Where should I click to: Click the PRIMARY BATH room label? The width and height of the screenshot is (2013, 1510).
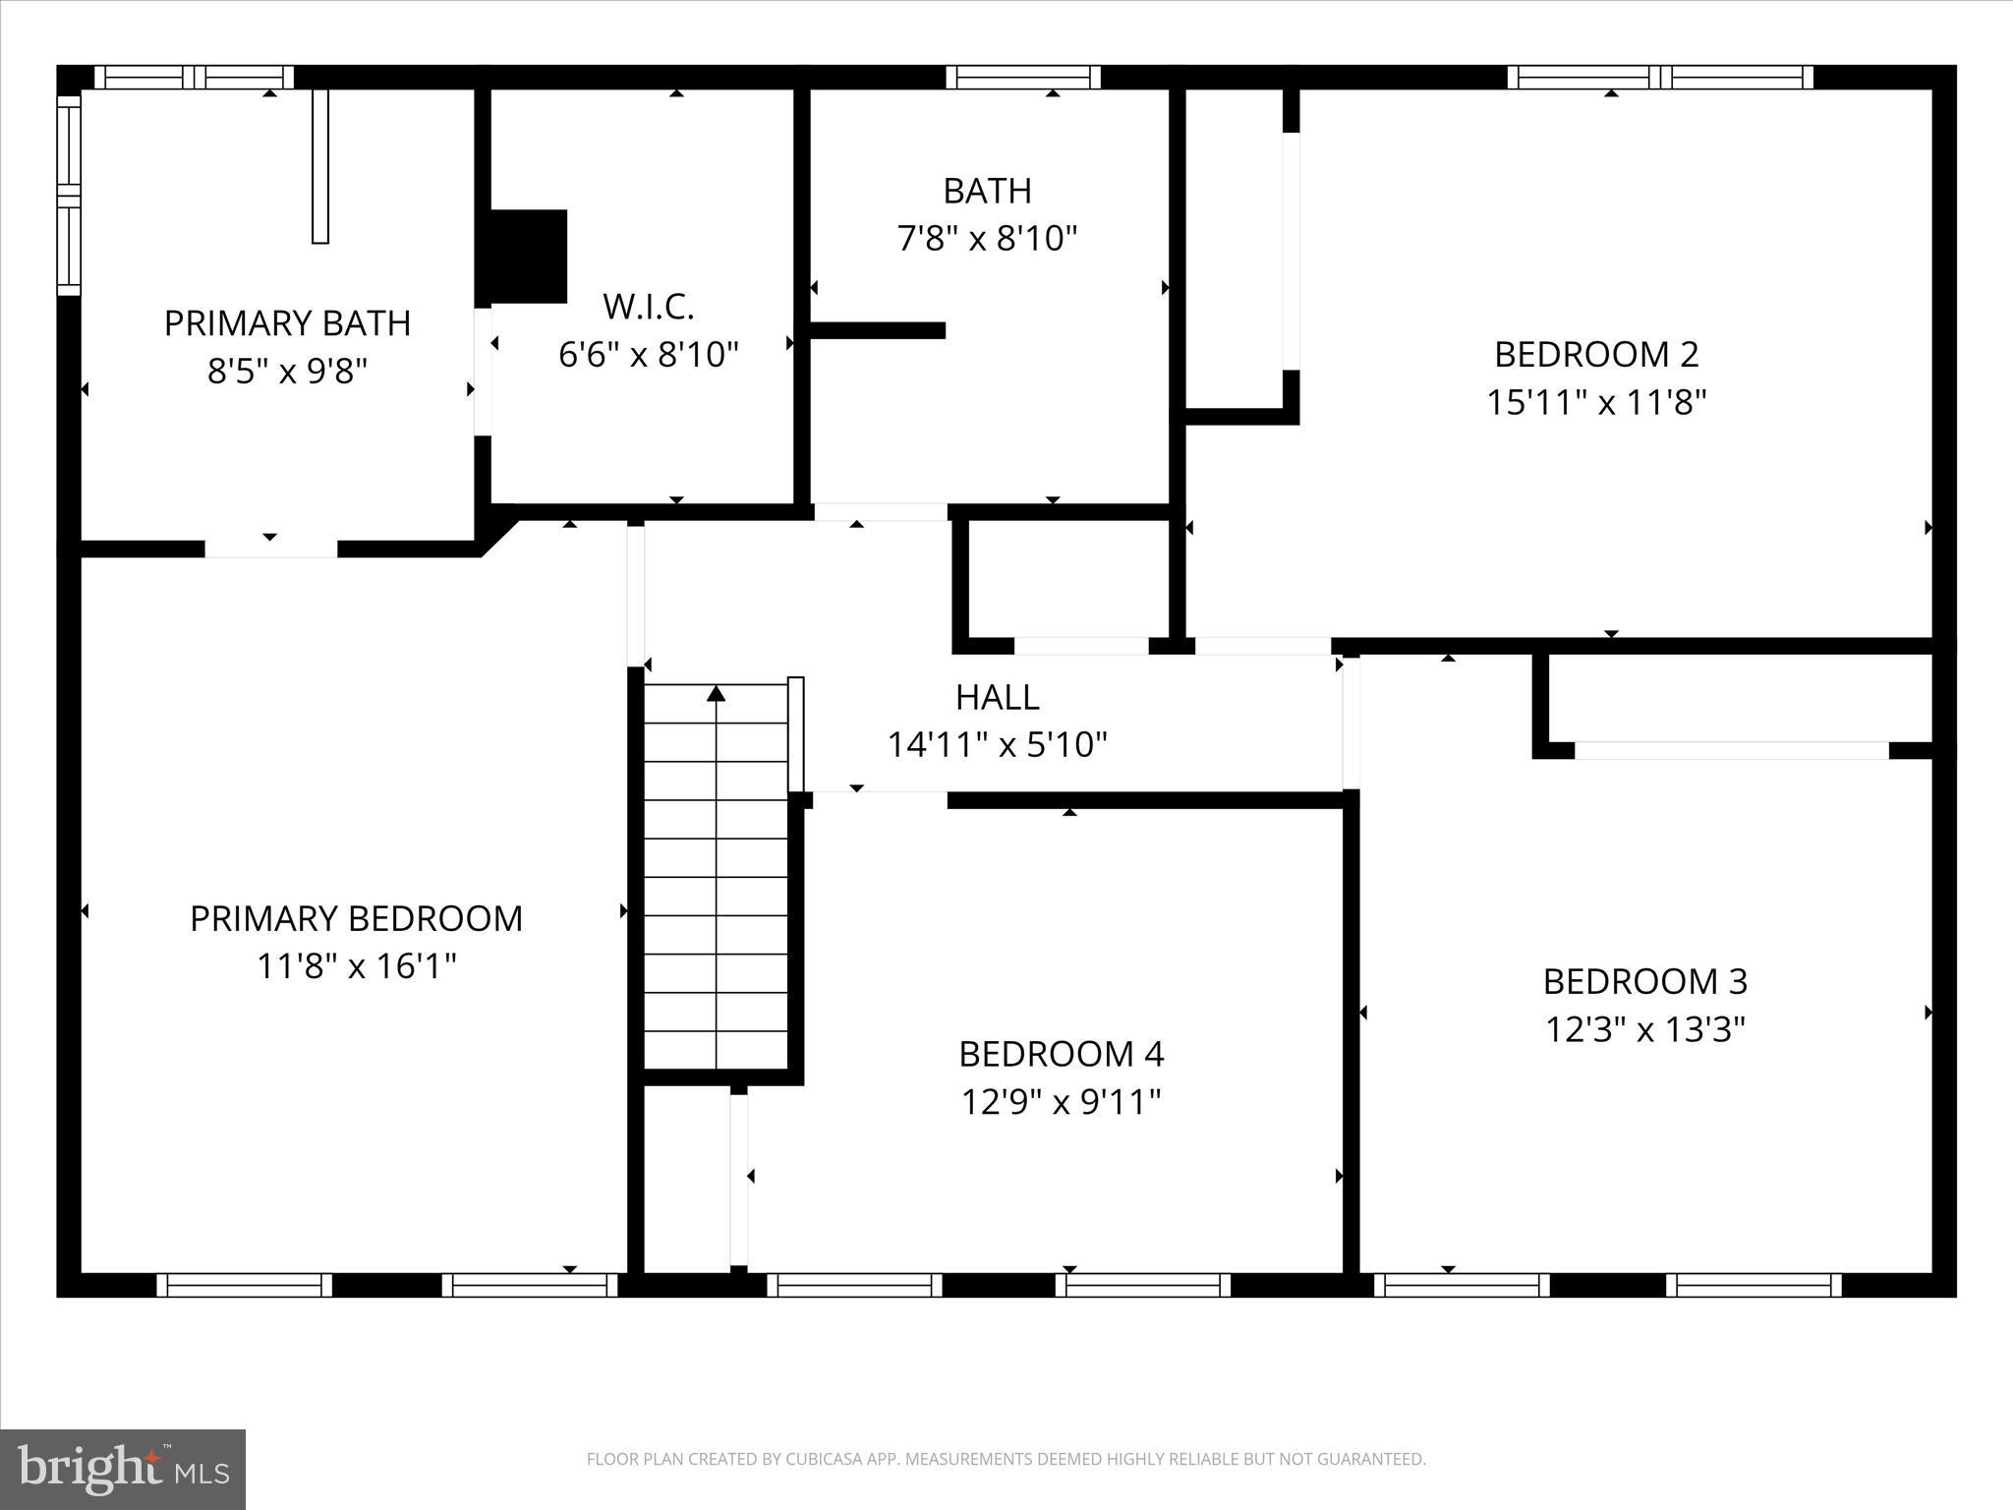click(x=287, y=323)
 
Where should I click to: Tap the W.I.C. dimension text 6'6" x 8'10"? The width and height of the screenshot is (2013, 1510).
click(x=648, y=354)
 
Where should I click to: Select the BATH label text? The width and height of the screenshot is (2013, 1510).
click(x=987, y=191)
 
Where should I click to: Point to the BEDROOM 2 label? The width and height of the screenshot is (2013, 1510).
click(x=1596, y=354)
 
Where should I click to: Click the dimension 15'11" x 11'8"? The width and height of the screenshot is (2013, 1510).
click(x=1596, y=402)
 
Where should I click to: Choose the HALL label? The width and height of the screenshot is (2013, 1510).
click(x=997, y=697)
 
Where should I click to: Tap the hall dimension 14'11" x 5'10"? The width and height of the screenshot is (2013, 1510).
click(x=997, y=745)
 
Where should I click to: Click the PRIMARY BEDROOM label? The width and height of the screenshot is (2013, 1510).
click(x=356, y=918)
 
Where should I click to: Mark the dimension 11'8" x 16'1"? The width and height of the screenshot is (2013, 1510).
click(x=356, y=966)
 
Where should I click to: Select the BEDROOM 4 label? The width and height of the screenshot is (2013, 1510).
click(x=1061, y=1054)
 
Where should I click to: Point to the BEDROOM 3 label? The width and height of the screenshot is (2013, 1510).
click(x=1644, y=981)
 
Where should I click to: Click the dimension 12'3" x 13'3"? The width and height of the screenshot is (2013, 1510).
click(x=1644, y=1029)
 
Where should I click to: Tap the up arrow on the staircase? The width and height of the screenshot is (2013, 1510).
click(x=717, y=694)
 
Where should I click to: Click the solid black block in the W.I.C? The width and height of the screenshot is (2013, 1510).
click(x=529, y=256)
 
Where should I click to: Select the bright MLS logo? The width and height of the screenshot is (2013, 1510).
click(x=123, y=1469)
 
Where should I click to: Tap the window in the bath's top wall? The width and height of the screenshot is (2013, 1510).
click(x=1022, y=77)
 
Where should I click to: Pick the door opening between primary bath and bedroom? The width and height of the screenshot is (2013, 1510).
click(x=270, y=549)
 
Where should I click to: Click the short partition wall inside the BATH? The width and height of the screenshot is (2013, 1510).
click(x=877, y=330)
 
